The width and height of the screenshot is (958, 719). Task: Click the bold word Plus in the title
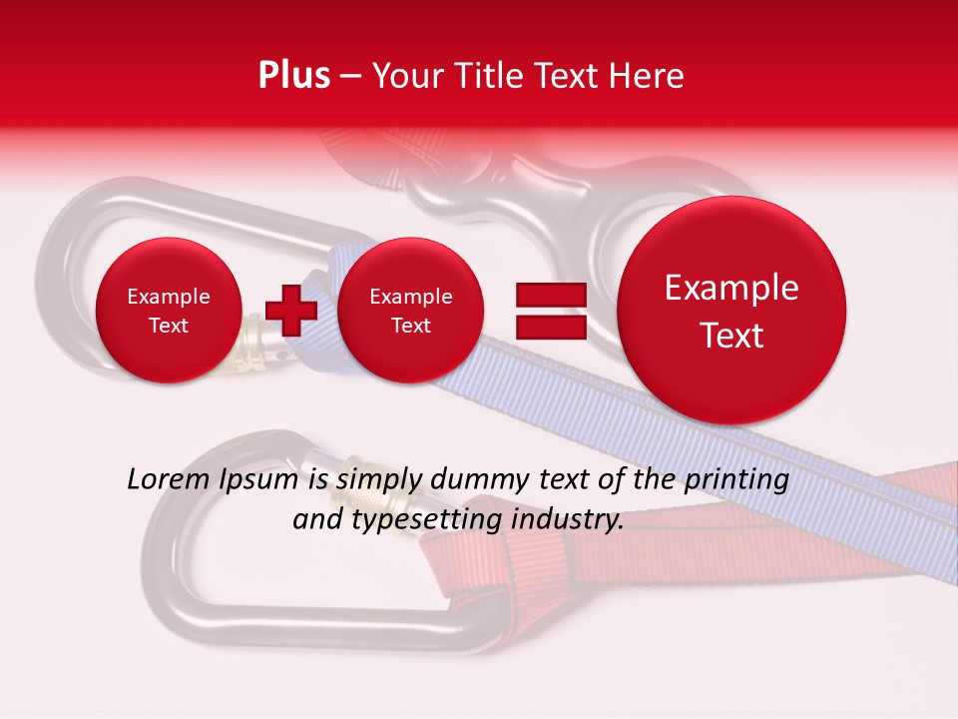point(293,76)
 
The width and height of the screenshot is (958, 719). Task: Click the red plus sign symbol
point(291,310)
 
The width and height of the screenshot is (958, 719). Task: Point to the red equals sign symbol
point(550,311)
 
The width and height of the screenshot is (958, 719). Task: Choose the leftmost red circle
point(168,311)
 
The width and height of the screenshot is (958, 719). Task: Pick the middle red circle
point(410,311)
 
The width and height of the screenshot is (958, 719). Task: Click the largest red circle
point(731,311)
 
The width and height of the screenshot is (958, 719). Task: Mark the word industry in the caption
point(565,520)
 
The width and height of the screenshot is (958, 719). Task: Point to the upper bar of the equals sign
point(550,295)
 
